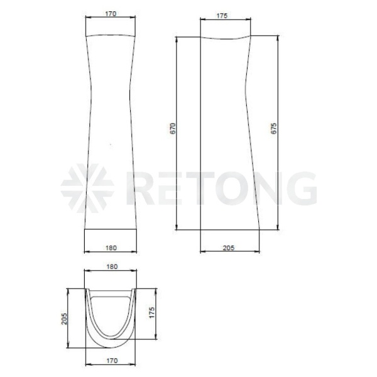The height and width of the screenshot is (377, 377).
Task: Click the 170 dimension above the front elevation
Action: coord(111,14)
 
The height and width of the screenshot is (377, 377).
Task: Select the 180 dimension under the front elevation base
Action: coord(111,248)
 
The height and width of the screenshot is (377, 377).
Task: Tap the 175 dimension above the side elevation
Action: coord(222,16)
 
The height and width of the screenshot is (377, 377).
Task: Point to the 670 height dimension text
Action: coord(173,128)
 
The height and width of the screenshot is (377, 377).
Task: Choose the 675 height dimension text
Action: coord(273,128)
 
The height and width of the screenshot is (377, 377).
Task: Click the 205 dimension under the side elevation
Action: coord(229,248)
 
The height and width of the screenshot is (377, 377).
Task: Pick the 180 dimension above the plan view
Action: coord(112,266)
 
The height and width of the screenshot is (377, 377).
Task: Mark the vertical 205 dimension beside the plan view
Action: coord(64,319)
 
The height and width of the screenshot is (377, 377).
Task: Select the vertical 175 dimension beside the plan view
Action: coord(151,312)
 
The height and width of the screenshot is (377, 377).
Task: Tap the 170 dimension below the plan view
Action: coord(112,361)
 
